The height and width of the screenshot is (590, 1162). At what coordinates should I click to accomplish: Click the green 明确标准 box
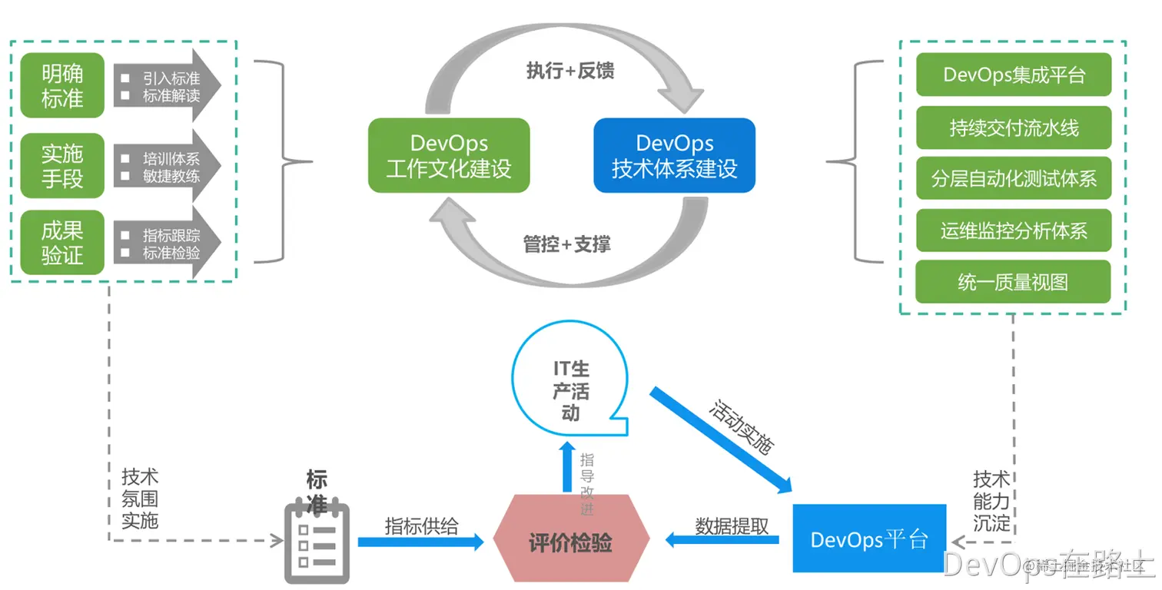(x=62, y=85)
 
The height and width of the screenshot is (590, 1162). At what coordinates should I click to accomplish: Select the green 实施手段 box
(x=62, y=165)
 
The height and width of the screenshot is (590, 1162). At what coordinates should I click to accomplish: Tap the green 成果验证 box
(x=62, y=242)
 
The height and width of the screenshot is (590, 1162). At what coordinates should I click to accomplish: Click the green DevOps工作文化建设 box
(x=449, y=155)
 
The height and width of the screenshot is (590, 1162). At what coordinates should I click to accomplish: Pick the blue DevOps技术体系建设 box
(x=674, y=155)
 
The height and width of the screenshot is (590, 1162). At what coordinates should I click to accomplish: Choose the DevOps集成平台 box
(x=1014, y=75)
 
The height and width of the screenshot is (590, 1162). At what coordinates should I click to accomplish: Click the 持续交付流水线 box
(x=1014, y=128)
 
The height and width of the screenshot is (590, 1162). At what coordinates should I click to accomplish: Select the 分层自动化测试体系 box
(x=1014, y=179)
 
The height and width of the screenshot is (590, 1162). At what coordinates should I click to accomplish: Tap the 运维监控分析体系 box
(x=1014, y=230)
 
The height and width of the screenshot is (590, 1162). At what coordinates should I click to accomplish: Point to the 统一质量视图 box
(x=1014, y=282)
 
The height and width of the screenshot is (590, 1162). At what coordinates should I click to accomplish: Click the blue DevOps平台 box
(x=868, y=539)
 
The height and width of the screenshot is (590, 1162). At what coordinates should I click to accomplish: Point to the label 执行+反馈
(x=569, y=71)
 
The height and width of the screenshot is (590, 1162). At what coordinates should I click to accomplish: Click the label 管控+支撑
(x=566, y=244)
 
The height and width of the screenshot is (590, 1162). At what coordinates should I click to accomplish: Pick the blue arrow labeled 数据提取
(x=722, y=540)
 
